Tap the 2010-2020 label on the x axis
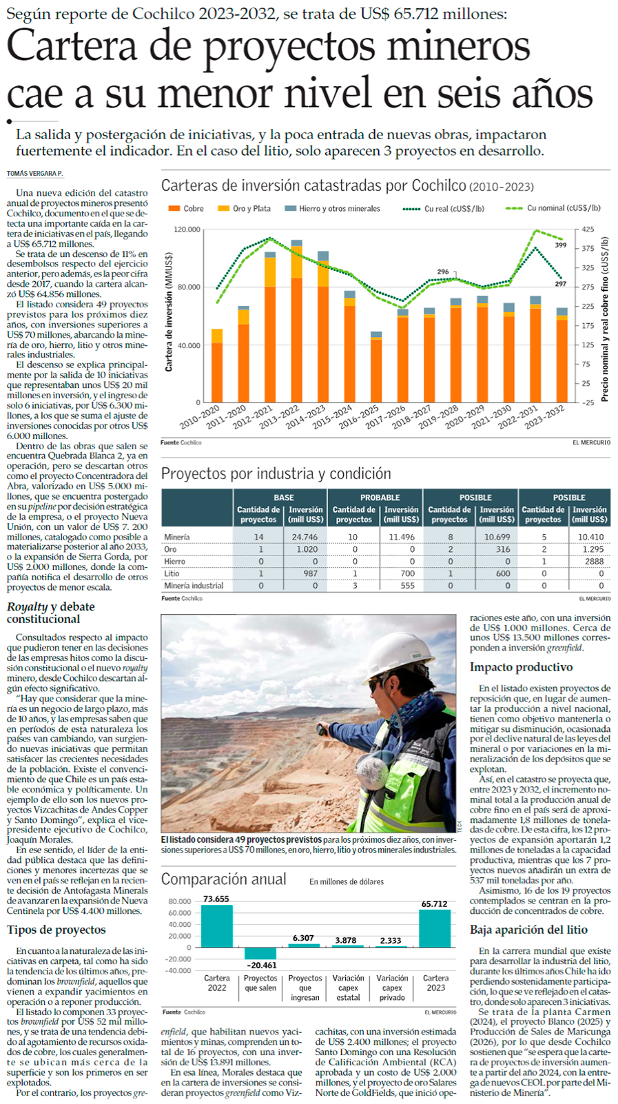point(200,417)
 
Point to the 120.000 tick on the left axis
point(187,229)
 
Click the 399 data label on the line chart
point(561,245)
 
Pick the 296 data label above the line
point(443,272)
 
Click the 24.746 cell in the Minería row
point(305,537)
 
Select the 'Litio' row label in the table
point(172,573)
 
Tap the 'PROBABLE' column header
point(380,498)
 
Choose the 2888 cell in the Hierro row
point(594,562)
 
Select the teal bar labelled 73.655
point(216,926)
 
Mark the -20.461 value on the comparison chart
point(262,965)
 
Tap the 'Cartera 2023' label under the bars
point(435,983)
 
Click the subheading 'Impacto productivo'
point(521,667)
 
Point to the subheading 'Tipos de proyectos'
point(56,930)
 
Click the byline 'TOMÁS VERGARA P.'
point(34,174)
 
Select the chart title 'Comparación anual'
point(223,879)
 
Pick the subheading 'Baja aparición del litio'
point(528,930)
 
